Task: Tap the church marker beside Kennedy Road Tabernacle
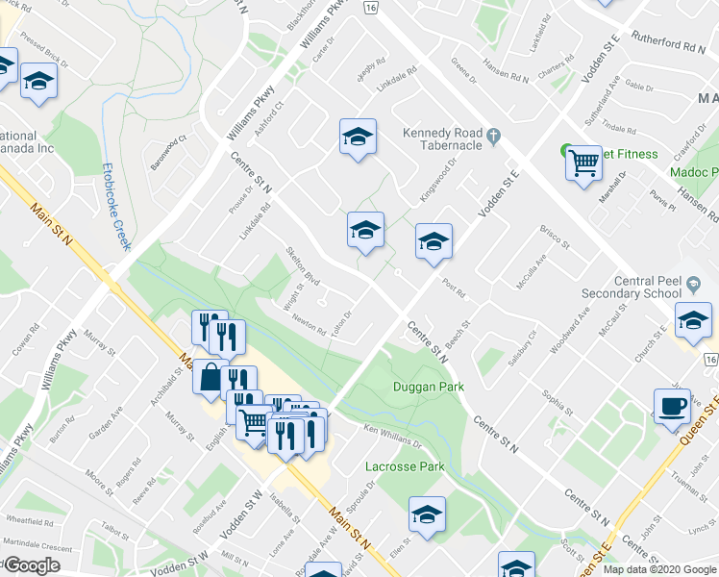tap(494, 136)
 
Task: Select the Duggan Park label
tap(428, 387)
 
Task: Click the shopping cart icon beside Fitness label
tap(583, 163)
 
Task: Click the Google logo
tap(32, 565)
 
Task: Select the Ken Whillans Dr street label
tap(391, 435)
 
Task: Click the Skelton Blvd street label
tap(303, 266)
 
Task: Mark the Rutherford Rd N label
tap(670, 45)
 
